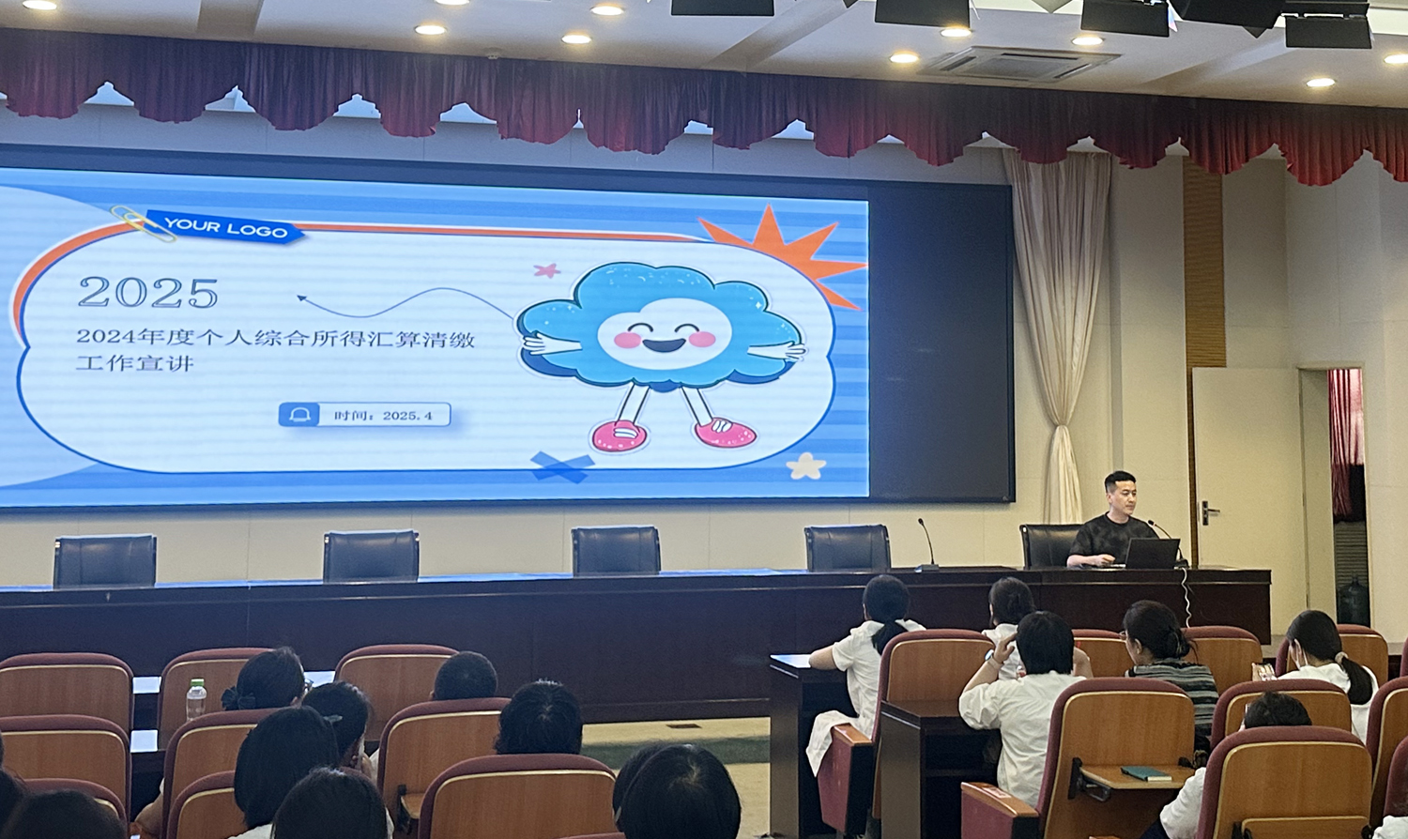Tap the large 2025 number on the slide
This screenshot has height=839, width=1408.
click(148, 292)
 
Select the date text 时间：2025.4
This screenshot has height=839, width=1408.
click(383, 416)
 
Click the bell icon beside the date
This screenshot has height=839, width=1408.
click(299, 415)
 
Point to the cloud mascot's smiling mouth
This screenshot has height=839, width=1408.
click(664, 345)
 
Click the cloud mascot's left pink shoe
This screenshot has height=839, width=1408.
click(620, 435)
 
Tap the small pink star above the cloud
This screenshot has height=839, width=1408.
click(547, 270)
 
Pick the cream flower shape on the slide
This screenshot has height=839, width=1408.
click(805, 465)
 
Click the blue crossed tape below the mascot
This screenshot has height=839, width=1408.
click(562, 466)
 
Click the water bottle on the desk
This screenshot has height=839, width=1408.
click(196, 699)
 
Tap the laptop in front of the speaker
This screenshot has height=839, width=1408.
click(1152, 554)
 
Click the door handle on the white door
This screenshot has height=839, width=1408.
click(1209, 512)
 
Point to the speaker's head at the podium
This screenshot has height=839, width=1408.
click(1120, 493)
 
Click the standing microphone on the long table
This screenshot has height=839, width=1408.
click(927, 544)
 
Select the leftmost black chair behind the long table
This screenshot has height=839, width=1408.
click(105, 560)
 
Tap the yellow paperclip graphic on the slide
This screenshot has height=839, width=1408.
click(144, 223)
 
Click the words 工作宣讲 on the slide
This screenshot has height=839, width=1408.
click(134, 363)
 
